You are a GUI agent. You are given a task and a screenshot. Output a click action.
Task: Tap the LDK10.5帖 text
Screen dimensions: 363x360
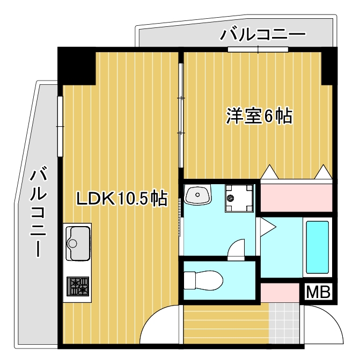point(121,199)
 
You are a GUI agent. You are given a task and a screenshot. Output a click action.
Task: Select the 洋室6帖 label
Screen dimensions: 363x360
point(259,116)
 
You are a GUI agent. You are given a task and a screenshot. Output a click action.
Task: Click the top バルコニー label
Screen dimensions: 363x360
point(263,36)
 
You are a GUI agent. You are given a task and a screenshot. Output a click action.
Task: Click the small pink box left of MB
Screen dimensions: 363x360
point(280,292)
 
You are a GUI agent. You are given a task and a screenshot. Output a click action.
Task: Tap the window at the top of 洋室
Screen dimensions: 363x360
point(258,50)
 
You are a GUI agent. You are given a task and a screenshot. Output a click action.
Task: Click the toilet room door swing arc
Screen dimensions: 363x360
point(237,250)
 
